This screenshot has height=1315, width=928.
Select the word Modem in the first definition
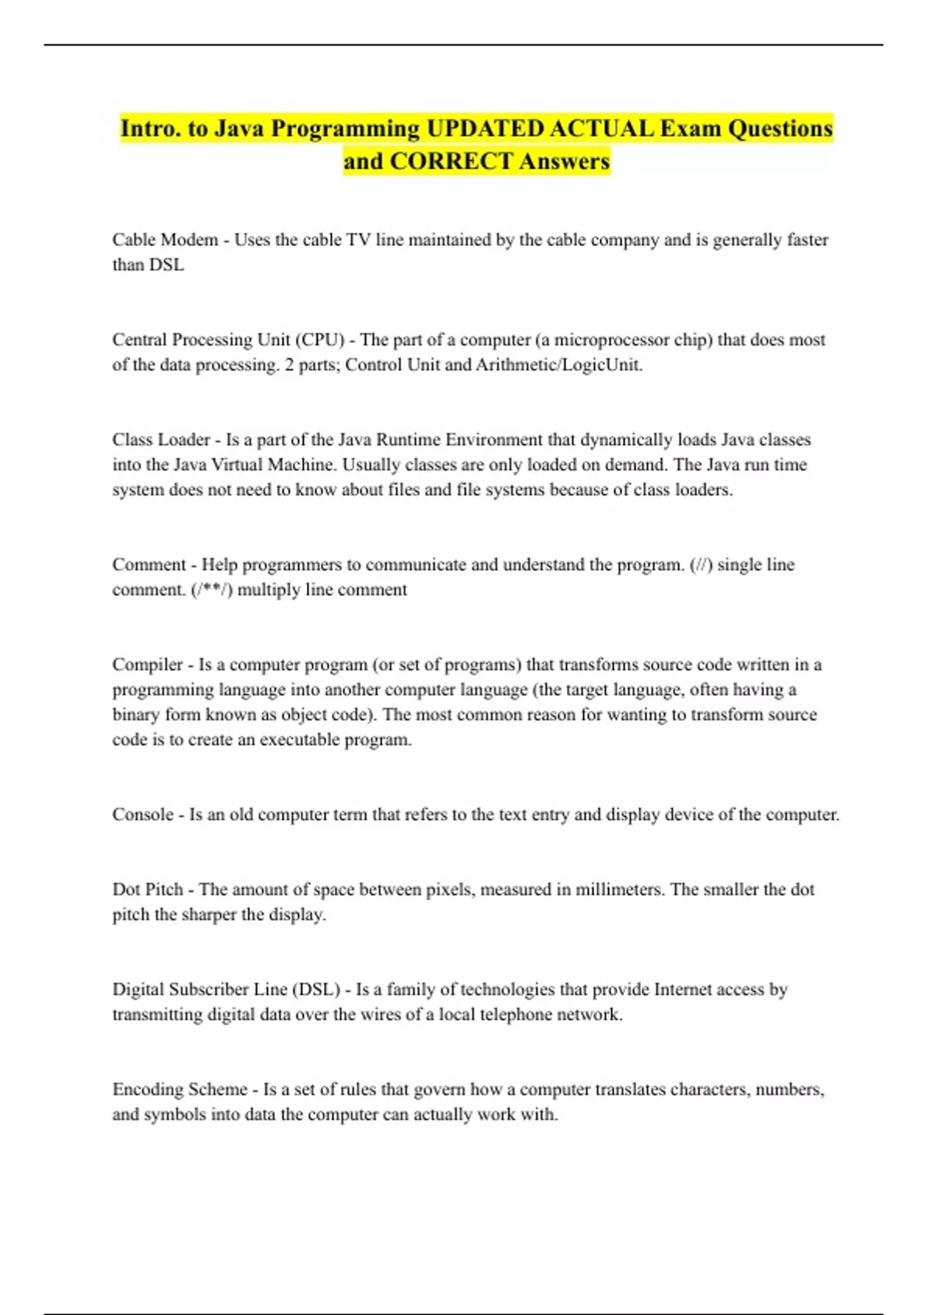pos(189,240)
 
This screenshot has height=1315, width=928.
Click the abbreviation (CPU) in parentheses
pos(319,340)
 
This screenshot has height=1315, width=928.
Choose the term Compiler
pos(147,664)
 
